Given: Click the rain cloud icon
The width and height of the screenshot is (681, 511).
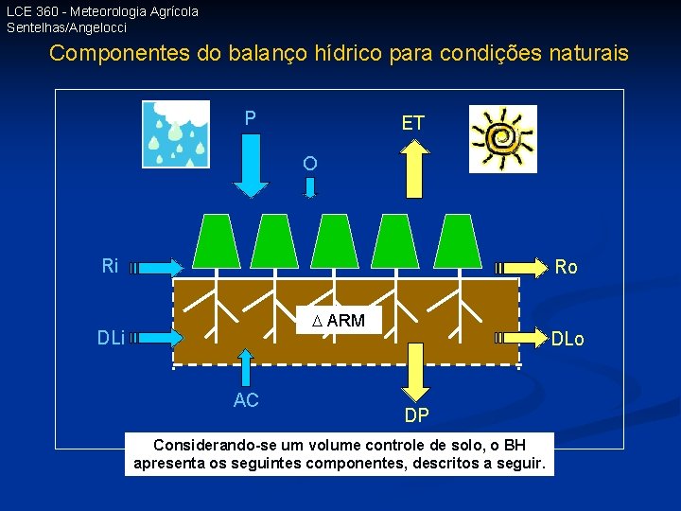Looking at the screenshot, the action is [175, 133].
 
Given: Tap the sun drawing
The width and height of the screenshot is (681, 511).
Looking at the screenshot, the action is [503, 138].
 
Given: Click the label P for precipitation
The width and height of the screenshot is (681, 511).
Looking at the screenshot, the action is [250, 118].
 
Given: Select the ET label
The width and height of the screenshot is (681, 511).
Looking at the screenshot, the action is [413, 123].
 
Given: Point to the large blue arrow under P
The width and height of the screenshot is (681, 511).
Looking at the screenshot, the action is [251, 167].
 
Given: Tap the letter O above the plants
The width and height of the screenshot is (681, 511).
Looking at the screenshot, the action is [310, 164].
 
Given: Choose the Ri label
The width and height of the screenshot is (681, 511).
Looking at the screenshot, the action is [111, 266].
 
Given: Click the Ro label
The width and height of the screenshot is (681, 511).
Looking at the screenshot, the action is [567, 267].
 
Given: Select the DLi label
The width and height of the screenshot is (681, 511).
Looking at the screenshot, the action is [112, 337].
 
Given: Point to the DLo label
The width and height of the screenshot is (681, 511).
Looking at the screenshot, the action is [568, 339].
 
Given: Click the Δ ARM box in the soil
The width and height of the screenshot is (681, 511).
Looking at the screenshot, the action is [339, 320].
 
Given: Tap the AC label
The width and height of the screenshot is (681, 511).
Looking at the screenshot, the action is [246, 400].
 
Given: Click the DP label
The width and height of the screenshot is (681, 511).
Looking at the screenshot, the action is [416, 415].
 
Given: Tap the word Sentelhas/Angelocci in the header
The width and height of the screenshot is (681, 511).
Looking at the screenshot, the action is [66, 27].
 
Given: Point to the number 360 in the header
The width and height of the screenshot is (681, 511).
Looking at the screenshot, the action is [49, 11].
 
